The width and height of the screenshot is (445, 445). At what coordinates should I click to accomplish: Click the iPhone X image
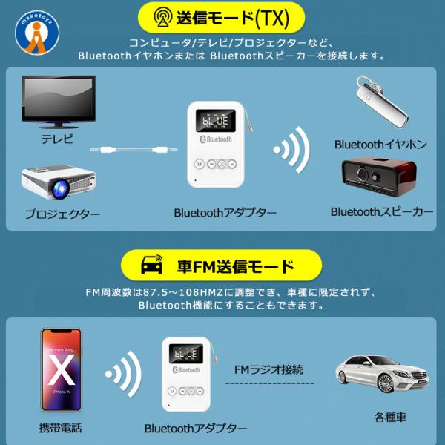[x=61, y=371]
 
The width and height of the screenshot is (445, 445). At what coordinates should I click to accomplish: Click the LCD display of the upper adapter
[x=213, y=120]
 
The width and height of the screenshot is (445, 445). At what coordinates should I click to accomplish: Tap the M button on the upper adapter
[x=199, y=165]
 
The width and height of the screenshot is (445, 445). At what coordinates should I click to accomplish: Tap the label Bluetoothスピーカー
[x=382, y=212]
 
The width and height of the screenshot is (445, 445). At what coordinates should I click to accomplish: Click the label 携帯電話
[x=60, y=428]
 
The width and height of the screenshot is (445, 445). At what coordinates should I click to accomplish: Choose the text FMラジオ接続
[x=268, y=369]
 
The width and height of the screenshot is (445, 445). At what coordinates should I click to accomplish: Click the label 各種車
[x=390, y=418]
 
